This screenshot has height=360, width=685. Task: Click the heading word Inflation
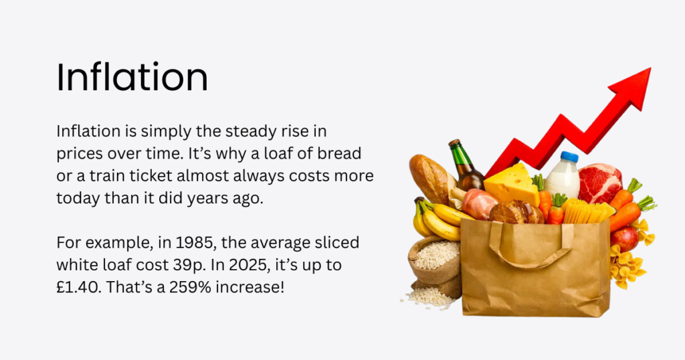[132, 78]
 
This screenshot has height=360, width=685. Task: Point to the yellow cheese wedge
[512, 183]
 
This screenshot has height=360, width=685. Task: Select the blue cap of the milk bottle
[569, 157]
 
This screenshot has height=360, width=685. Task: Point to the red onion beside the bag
[624, 238]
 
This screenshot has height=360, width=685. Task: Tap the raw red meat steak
[599, 183]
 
